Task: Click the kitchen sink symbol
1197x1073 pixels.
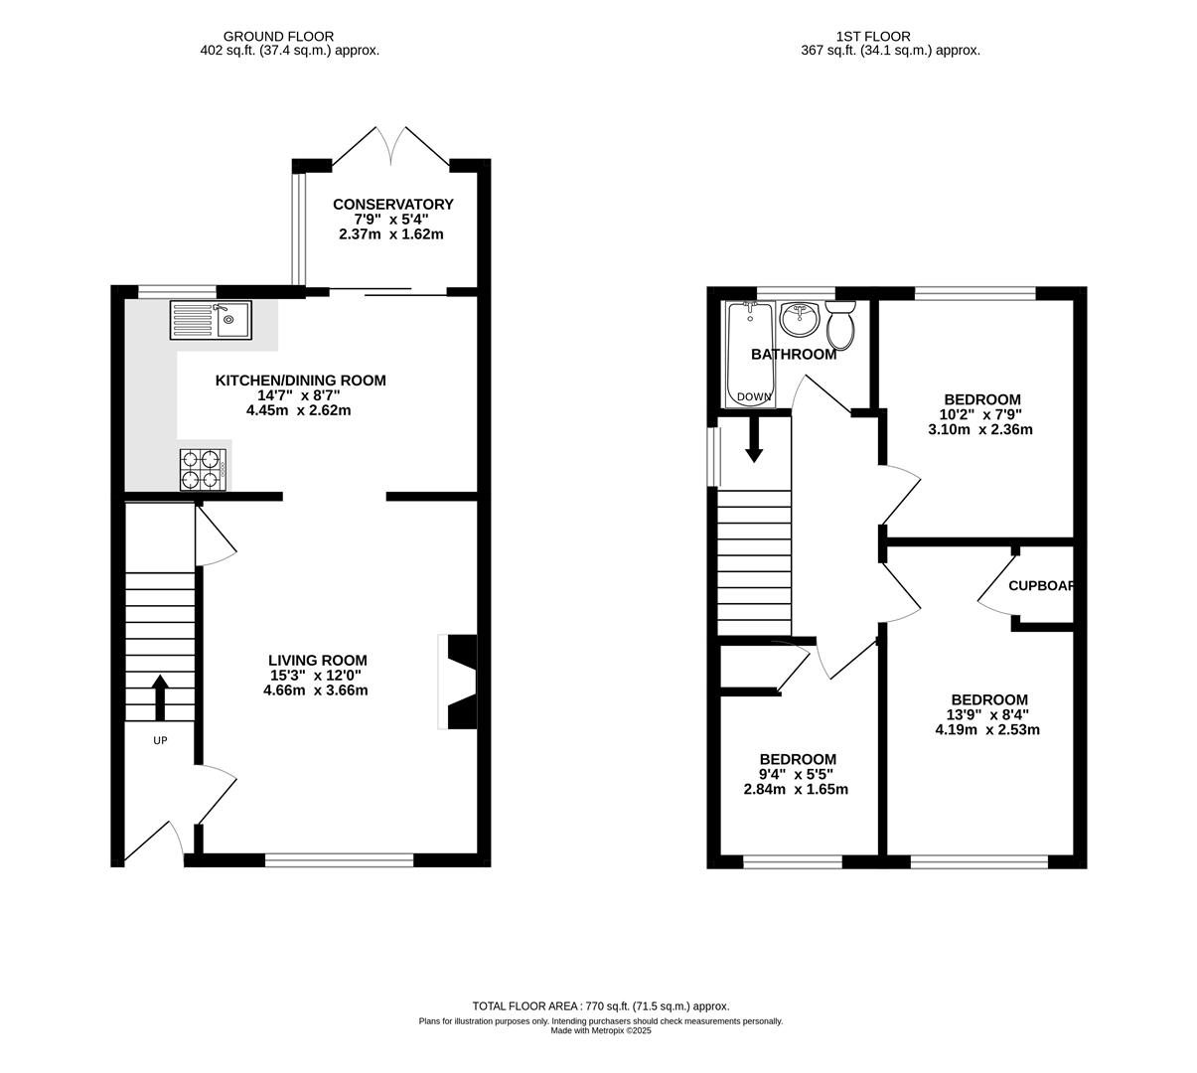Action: point(212,319)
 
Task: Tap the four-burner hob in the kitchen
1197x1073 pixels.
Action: point(203,469)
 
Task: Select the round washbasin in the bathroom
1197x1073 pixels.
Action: point(799,319)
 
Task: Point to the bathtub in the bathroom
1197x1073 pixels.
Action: point(751,353)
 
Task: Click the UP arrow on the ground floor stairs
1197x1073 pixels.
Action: point(159,697)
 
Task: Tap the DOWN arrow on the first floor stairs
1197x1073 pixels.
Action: point(754,439)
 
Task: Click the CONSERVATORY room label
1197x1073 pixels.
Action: point(392,204)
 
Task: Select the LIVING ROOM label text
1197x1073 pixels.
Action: point(317,660)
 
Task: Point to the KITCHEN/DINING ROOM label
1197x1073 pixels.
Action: point(300,380)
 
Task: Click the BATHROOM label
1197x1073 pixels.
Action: point(793,354)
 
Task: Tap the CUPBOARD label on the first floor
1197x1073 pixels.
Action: point(1041,585)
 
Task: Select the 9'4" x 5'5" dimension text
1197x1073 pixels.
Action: point(796,774)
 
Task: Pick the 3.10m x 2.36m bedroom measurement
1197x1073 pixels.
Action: point(979,429)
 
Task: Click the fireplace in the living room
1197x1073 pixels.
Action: point(459,681)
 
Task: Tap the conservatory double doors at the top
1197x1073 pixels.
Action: point(391,146)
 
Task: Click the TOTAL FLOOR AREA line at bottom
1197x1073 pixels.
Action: point(600,1005)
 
